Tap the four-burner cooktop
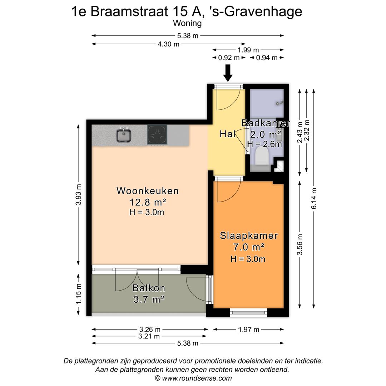(x=157, y=135)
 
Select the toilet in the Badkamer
(x=261, y=156)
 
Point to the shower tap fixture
(x=279, y=103)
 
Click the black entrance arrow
(x=228, y=73)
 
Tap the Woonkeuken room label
(x=148, y=191)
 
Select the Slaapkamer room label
(x=249, y=236)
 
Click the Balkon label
(x=149, y=288)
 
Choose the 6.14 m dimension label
(x=314, y=198)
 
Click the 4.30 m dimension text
(x=168, y=44)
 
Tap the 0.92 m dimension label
(x=229, y=58)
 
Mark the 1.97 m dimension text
(x=248, y=330)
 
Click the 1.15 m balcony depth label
(x=78, y=294)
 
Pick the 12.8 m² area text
(x=148, y=202)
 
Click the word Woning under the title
(x=187, y=23)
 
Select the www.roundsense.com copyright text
(x=193, y=378)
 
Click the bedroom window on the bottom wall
(x=249, y=313)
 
